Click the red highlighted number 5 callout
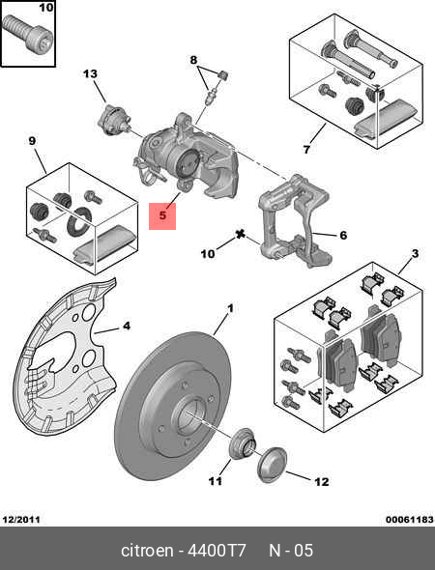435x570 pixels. coord(162,216)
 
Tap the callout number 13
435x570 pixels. coord(90,74)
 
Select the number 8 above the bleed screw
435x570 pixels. coord(194,60)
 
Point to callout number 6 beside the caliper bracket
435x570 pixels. coord(343,235)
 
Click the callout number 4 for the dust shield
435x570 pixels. coord(126,326)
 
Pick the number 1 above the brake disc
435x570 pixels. coord(230,309)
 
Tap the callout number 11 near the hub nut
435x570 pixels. coord(215,481)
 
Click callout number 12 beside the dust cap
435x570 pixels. coord(322,482)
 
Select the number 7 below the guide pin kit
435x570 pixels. coord(306,149)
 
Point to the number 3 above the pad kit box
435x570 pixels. coord(415,254)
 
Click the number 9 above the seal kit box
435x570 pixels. coord(32,141)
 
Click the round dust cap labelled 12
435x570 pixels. coord(272,465)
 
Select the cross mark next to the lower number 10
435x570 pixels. coord(240,235)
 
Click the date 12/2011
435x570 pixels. coord(21,520)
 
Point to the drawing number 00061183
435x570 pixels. coord(410,520)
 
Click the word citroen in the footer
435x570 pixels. coord(147,550)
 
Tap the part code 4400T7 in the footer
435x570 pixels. coord(217,550)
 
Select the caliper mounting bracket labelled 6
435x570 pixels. coord(296,220)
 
